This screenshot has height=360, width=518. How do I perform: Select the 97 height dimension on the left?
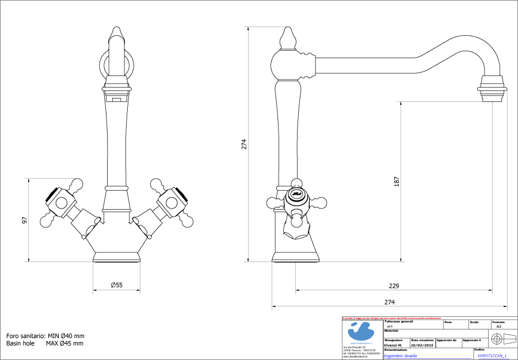pyautogui.click(x=24, y=220)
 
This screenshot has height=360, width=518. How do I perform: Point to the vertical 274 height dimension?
pyautogui.click(x=243, y=143)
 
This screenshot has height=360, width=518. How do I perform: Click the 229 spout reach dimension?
pyautogui.click(x=394, y=286)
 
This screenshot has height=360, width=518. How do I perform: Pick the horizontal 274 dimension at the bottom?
pyautogui.click(x=389, y=302)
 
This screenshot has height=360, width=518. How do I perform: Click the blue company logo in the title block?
pyautogui.click(x=361, y=332)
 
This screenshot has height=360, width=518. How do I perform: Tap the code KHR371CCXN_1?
pyautogui.click(x=492, y=356)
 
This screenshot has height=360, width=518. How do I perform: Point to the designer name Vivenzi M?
pyautogui.click(x=393, y=346)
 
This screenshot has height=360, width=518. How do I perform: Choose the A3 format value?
pyautogui.click(x=498, y=327)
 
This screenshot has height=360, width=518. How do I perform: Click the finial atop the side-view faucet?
pyautogui.click(x=288, y=39)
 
